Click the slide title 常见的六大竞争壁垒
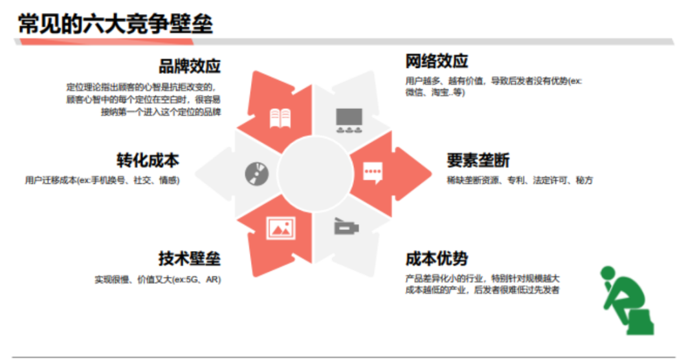115,24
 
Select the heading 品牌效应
190,67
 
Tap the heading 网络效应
437,62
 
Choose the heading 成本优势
437,259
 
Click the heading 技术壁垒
190,259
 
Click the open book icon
280,118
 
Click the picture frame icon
280,227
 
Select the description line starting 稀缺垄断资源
519,181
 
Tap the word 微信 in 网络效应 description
414,93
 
